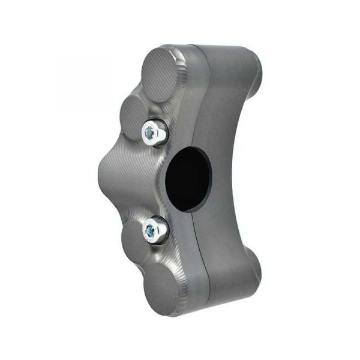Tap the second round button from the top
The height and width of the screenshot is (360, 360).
(135, 113)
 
